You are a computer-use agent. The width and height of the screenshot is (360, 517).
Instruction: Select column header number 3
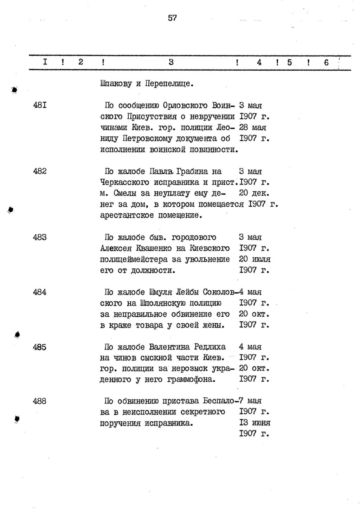point(171,63)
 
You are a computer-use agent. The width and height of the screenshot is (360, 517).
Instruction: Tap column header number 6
point(326,63)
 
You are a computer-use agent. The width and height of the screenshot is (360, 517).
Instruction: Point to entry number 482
point(40,171)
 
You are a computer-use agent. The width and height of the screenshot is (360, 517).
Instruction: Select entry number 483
point(40,237)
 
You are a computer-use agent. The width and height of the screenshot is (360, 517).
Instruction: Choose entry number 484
point(40,292)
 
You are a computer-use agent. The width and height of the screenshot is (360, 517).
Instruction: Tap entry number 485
point(40,347)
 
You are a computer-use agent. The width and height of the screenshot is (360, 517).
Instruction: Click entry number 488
point(40,401)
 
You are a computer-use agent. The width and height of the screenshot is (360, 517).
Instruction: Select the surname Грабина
point(193,172)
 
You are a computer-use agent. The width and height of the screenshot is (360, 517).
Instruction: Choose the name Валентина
point(169,347)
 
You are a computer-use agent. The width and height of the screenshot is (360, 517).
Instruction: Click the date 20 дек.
point(254,193)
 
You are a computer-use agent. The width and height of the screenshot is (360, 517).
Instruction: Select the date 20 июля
point(255,259)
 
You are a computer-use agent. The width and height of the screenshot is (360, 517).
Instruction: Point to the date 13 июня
point(255,422)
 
